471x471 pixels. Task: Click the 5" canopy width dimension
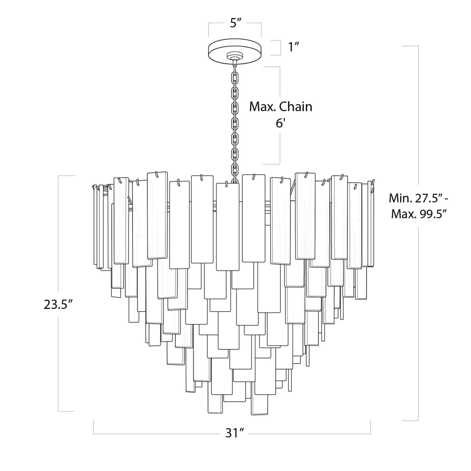point(235,23)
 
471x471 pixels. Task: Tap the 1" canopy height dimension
point(294,47)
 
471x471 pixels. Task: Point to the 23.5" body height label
point(58,305)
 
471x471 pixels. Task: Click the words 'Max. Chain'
point(281,107)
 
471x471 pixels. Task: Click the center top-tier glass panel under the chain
point(228,227)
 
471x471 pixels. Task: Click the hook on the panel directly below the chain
point(226,184)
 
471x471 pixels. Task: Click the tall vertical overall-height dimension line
point(418,294)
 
